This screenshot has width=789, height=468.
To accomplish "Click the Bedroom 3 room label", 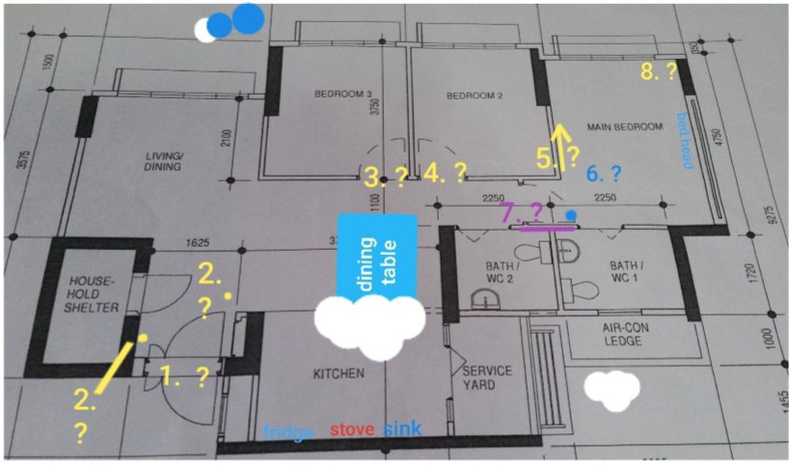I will tap(342, 95).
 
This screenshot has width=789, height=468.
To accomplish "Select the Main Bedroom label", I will tap(625, 126).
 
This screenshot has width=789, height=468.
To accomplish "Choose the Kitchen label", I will tap(337, 373).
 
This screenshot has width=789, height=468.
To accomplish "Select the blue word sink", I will tap(402, 428).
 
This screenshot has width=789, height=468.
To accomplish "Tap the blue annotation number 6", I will tap(592, 174).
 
